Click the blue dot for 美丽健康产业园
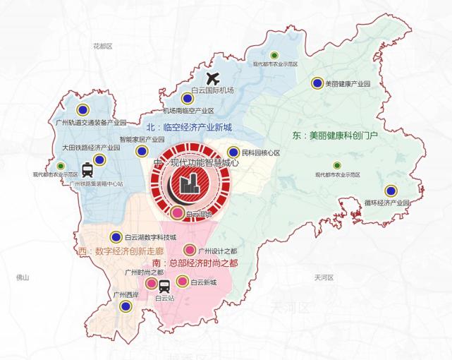(x=317, y=83)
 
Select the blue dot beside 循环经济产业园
(x=391, y=191)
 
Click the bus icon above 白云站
(x=164, y=286)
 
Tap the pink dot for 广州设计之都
(x=189, y=250)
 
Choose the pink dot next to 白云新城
(x=183, y=282)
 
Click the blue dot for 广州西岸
(x=126, y=306)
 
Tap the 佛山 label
(x=23, y=277)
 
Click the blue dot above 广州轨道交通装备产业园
(x=83, y=109)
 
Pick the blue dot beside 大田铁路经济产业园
(x=99, y=160)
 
